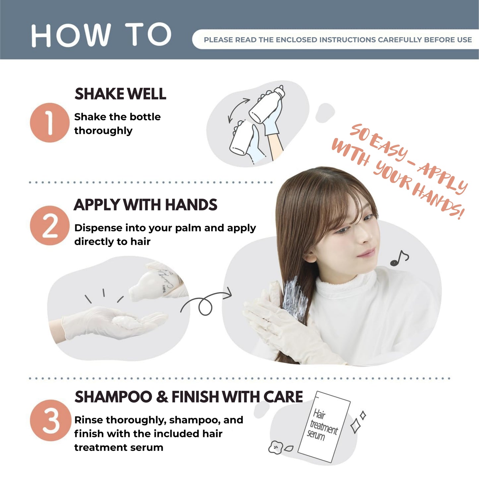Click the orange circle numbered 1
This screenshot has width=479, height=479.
coord(50,123)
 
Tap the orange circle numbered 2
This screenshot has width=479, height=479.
coord(50,225)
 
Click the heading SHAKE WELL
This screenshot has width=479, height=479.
coord(120,94)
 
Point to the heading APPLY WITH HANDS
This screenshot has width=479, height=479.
coord(146,205)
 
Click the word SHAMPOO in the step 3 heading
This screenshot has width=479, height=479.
coord(113,396)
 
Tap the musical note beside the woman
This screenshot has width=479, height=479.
coord(399,258)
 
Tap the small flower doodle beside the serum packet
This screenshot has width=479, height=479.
coord(276,447)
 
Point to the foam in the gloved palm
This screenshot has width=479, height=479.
coord(124,322)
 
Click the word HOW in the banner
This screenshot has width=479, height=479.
coord(71,35)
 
